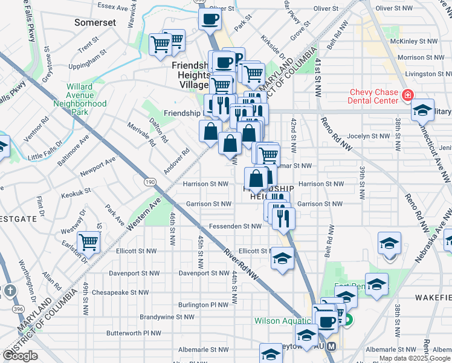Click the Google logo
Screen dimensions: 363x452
coord(20,356)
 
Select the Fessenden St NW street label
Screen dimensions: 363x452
coord(234,226)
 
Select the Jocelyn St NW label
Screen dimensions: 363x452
coord(367,137)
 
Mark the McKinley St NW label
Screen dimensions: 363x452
coord(413,41)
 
